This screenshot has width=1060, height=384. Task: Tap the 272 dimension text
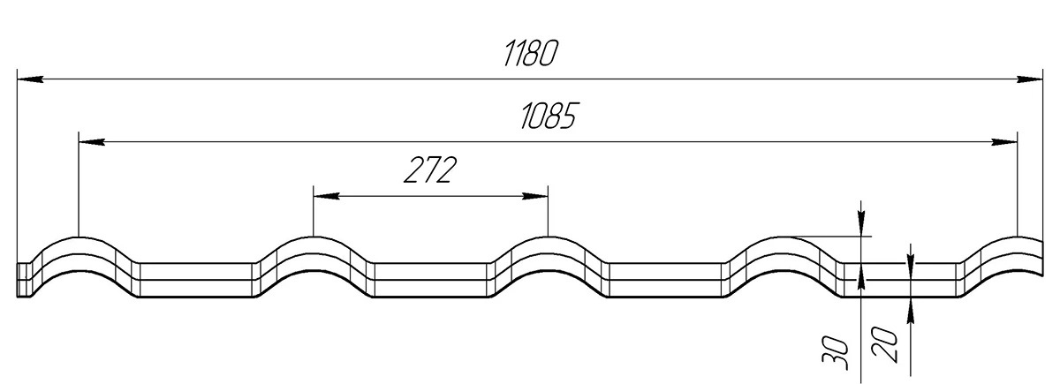430,169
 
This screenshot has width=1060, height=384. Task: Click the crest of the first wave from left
79,238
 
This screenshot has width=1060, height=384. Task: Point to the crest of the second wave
314,238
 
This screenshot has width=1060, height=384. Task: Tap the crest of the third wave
549,238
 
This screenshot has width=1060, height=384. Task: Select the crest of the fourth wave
783,238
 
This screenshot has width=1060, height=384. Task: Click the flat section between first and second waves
198,280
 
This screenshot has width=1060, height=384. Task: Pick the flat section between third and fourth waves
666,280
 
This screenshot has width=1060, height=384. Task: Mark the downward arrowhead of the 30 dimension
860,227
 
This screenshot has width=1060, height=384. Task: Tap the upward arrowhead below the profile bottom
910,308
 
